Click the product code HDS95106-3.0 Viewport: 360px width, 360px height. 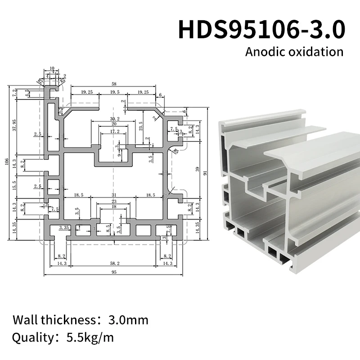click(x=262, y=29)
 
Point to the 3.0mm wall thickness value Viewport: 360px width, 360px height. click(x=128, y=320)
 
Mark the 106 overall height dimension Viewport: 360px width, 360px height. click(x=6, y=162)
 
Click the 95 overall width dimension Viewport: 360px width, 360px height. click(x=114, y=273)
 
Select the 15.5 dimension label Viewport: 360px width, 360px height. click(x=14, y=184)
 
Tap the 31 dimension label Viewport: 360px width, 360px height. click(x=113, y=195)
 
